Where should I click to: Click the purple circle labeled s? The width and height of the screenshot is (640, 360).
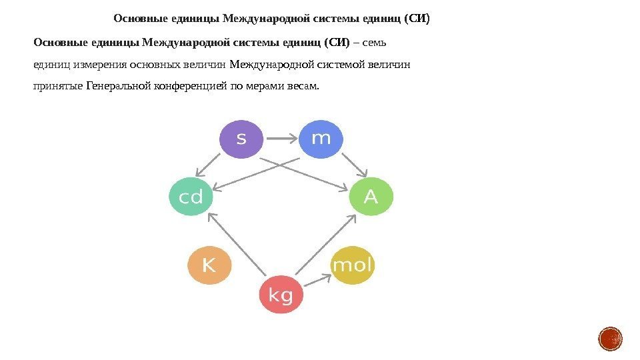pyautogui.click(x=241, y=139)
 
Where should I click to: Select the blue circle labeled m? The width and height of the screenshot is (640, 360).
pyautogui.click(x=321, y=139)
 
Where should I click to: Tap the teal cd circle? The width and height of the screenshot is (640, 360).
pyautogui.click(x=191, y=197)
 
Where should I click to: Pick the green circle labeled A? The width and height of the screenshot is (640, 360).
pyautogui.click(x=371, y=197)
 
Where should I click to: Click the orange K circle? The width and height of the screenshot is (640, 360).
pyautogui.click(x=209, y=265)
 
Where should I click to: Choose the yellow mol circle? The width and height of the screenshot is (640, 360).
pyautogui.click(x=353, y=265)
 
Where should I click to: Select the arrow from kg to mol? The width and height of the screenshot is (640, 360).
pyautogui.click(x=313, y=281)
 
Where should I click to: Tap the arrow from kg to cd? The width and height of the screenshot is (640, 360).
pyautogui.click(x=237, y=245)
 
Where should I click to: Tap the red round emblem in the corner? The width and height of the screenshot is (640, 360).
pyautogui.click(x=611, y=339)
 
